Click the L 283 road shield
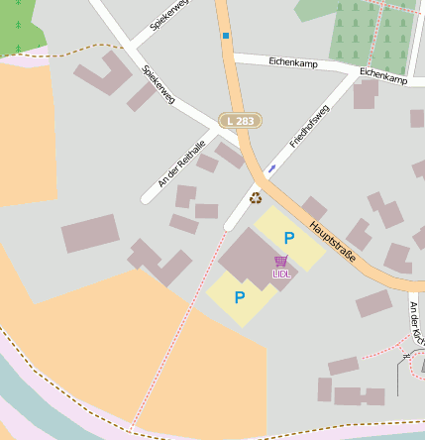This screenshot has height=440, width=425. [241, 120]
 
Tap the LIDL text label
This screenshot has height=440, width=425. [281, 274]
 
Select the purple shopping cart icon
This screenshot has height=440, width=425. [281, 262]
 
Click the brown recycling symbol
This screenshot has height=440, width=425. [255, 197]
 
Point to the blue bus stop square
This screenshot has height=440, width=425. [226, 36]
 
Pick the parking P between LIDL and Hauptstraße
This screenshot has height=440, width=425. [289, 238]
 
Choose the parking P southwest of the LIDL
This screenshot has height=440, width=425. [240, 296]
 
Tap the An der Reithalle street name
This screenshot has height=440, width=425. [181, 163]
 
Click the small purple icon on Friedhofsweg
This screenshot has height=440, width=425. [271, 167]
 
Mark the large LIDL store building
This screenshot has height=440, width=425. [248, 262]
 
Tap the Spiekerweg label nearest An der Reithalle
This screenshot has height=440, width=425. [159, 84]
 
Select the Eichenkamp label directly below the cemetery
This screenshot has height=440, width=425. [383, 75]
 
